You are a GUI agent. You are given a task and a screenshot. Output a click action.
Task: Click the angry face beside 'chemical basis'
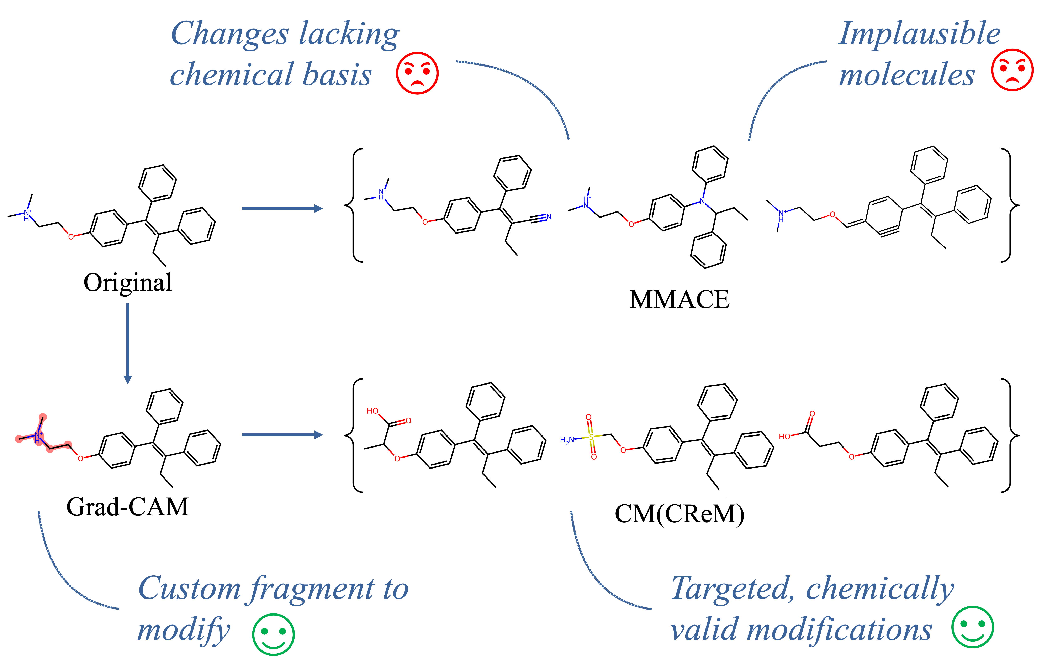(417, 73)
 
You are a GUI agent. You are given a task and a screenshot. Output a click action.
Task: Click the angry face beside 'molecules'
(1012, 70)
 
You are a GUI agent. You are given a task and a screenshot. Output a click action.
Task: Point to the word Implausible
(919, 34)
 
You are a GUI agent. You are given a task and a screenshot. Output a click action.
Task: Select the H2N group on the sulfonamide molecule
(567, 440)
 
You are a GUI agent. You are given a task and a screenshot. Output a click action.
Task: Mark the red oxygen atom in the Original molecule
(71, 237)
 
